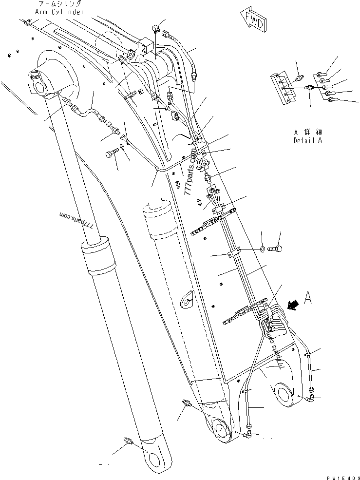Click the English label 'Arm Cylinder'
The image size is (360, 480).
pyautogui.click(x=59, y=12)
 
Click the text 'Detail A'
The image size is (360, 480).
pyautogui.click(x=308, y=140)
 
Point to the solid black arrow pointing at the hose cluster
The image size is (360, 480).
pyautogui.click(x=293, y=305)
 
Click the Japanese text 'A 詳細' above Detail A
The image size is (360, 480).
pyautogui.click(x=308, y=132)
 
